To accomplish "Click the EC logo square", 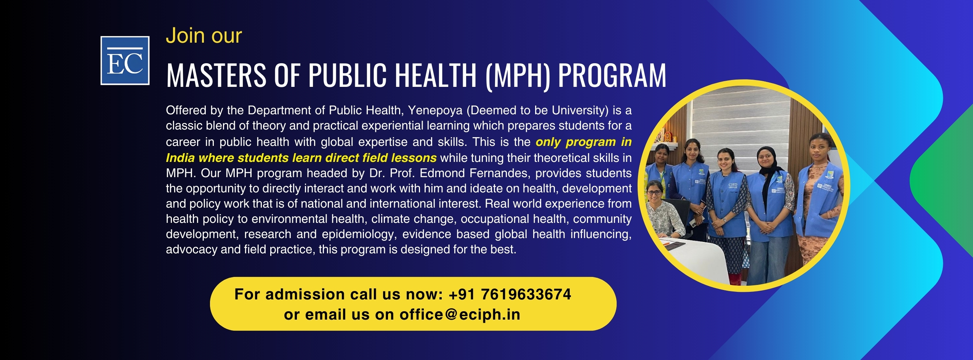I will [125, 61].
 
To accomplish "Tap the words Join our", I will [204, 36].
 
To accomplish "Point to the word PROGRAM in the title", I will [612, 75].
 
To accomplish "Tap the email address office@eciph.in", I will [460, 315].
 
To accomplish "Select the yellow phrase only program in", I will [583, 142].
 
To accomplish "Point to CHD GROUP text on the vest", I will [733, 186].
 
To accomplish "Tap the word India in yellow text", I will [180, 158].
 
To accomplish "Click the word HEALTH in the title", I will [435, 75].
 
